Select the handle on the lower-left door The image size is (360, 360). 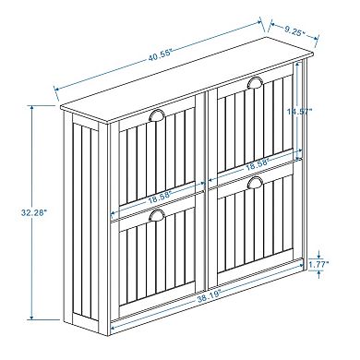[155, 217]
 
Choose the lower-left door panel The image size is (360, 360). [157, 268]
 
